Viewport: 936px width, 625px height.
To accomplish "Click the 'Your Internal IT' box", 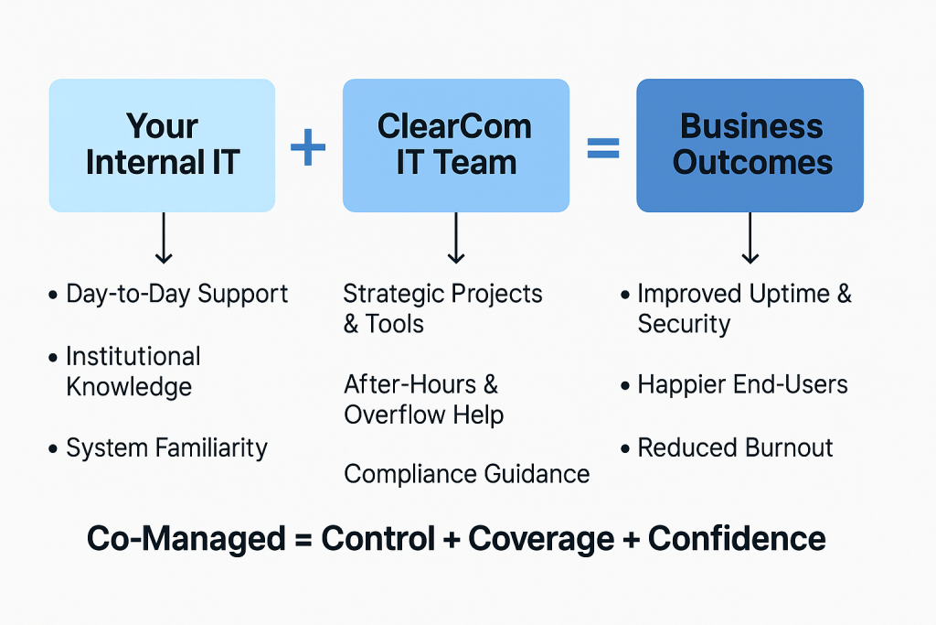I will coord(162,145).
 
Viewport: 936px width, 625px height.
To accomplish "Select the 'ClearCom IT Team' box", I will coord(455,145).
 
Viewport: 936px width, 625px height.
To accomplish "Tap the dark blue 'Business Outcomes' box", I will coord(750,145).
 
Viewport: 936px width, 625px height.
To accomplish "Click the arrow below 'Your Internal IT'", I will coord(162,240).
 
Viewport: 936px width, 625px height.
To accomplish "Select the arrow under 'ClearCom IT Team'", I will coord(456,240).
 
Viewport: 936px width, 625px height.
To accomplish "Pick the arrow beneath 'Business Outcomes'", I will coord(750,240).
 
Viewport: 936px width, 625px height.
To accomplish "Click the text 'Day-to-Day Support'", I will coord(176,294).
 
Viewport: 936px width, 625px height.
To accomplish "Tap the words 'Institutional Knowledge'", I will coord(133,371).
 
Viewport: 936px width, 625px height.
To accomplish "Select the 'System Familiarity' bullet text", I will coord(166,448).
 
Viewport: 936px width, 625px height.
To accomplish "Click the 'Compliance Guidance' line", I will coord(466,474).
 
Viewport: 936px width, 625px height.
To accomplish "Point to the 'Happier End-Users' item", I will coord(742,384).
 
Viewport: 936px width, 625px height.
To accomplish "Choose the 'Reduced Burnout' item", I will coord(735,448).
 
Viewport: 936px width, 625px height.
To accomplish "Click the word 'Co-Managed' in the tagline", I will coord(186,539).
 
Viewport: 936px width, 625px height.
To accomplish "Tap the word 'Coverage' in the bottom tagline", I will coord(541,539).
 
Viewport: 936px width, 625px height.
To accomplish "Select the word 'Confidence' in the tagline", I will coord(737,539).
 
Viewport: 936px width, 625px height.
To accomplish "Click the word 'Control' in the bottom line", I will coord(378,539).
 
